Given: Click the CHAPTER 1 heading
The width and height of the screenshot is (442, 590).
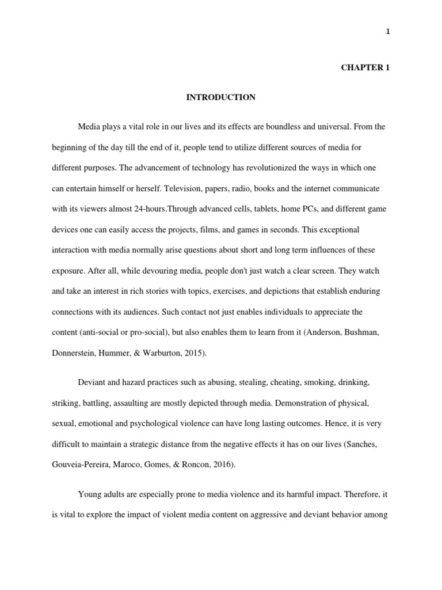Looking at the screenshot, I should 365,67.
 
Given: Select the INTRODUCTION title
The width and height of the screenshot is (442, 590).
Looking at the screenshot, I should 220,97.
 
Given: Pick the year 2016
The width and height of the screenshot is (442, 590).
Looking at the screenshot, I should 221,464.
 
